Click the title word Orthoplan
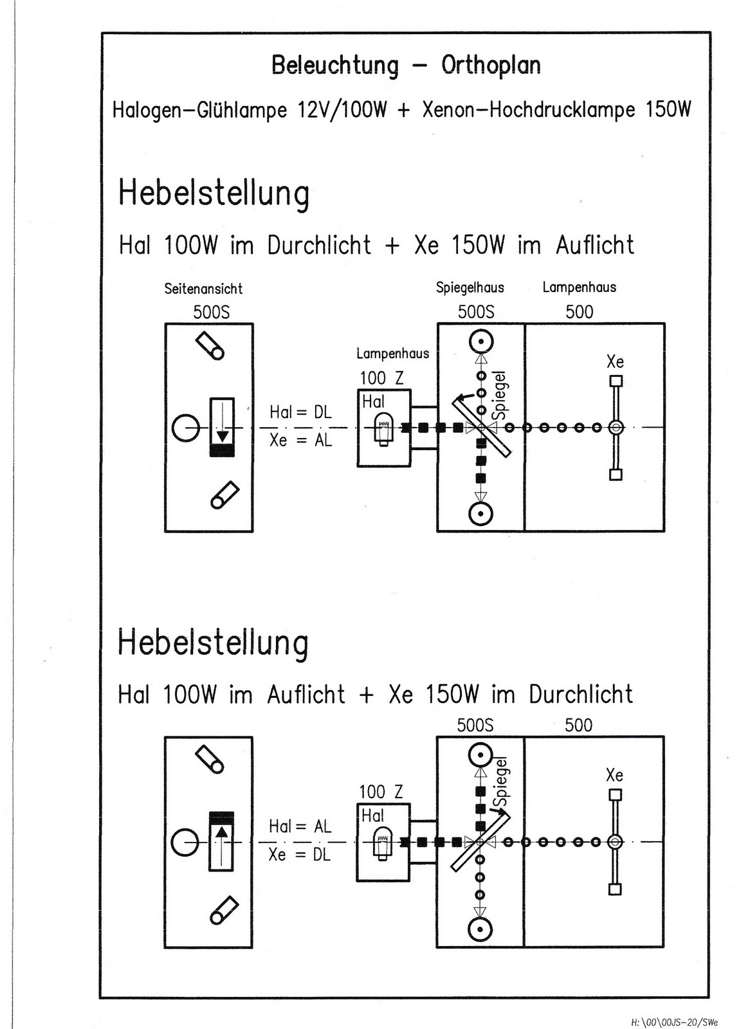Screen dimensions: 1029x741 (x=491, y=66)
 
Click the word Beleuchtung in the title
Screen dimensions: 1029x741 (x=334, y=66)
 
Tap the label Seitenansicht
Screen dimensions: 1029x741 (x=203, y=289)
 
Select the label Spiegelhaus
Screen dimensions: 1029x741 (x=470, y=287)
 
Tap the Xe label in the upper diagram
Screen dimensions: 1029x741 (x=615, y=361)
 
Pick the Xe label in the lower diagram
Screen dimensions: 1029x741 (x=614, y=775)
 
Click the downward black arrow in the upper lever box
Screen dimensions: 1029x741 (x=223, y=435)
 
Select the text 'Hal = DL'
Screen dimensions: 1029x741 (x=300, y=412)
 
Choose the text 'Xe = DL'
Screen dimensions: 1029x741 (x=299, y=855)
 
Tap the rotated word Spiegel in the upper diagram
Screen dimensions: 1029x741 (x=500, y=394)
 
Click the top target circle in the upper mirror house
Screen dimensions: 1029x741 (x=480, y=341)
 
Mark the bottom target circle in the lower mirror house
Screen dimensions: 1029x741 (x=479, y=929)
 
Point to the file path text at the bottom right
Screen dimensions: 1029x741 (x=675, y=1021)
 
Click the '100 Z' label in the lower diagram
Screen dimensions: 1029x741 (x=381, y=792)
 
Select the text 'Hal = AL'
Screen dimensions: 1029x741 (x=300, y=826)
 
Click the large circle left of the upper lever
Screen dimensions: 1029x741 (x=186, y=428)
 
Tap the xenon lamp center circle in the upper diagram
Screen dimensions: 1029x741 (x=616, y=427)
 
